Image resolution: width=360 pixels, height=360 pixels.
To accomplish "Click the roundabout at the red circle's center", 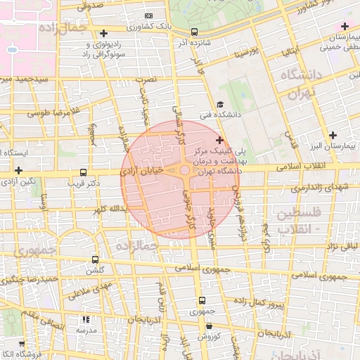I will [x=184, y=171].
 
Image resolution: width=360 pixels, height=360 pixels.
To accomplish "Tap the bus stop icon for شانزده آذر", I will [x=194, y=32].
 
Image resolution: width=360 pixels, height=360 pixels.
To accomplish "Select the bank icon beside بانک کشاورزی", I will [x=148, y=15].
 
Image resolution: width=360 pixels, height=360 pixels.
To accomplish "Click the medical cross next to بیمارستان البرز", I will [x=333, y=135].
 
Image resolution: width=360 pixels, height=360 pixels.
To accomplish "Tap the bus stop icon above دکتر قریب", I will [x=84, y=172].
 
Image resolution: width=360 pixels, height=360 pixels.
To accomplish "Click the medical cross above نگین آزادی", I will [x=18, y=170].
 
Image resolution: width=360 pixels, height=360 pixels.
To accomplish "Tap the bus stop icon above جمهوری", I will [x=202, y=300].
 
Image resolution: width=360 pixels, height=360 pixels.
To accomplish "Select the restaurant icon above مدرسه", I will [x=86, y=319].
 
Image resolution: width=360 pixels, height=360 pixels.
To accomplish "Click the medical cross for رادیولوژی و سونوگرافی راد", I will [x=103, y=33].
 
